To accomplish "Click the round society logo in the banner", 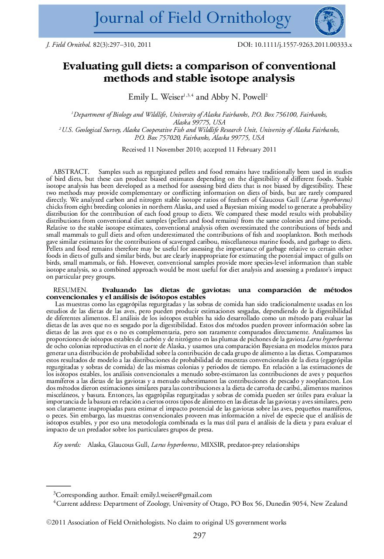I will tap(329, 21).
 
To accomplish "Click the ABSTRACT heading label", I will tap(71, 172).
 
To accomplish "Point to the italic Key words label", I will tap(67, 445).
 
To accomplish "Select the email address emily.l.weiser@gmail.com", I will tap(176, 495).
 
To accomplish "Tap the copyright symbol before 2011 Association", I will tap(49, 522).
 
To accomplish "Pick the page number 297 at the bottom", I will tap(199, 536).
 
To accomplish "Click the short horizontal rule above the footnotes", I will tap(58, 486).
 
